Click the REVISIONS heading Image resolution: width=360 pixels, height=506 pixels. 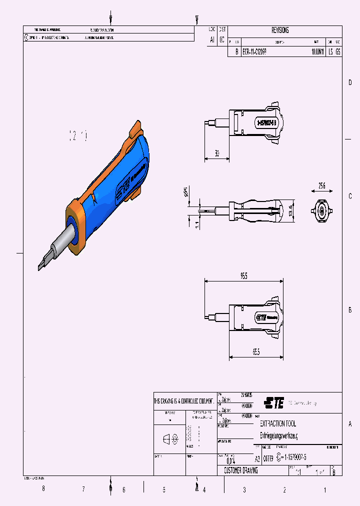point(280,30)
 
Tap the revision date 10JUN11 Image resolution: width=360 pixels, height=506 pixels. point(317,51)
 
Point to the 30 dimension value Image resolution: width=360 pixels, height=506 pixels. point(217,153)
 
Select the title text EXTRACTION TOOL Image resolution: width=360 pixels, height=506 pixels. point(278,423)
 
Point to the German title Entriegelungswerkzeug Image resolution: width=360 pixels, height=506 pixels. point(278,435)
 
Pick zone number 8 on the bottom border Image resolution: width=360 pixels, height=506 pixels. point(43,489)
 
